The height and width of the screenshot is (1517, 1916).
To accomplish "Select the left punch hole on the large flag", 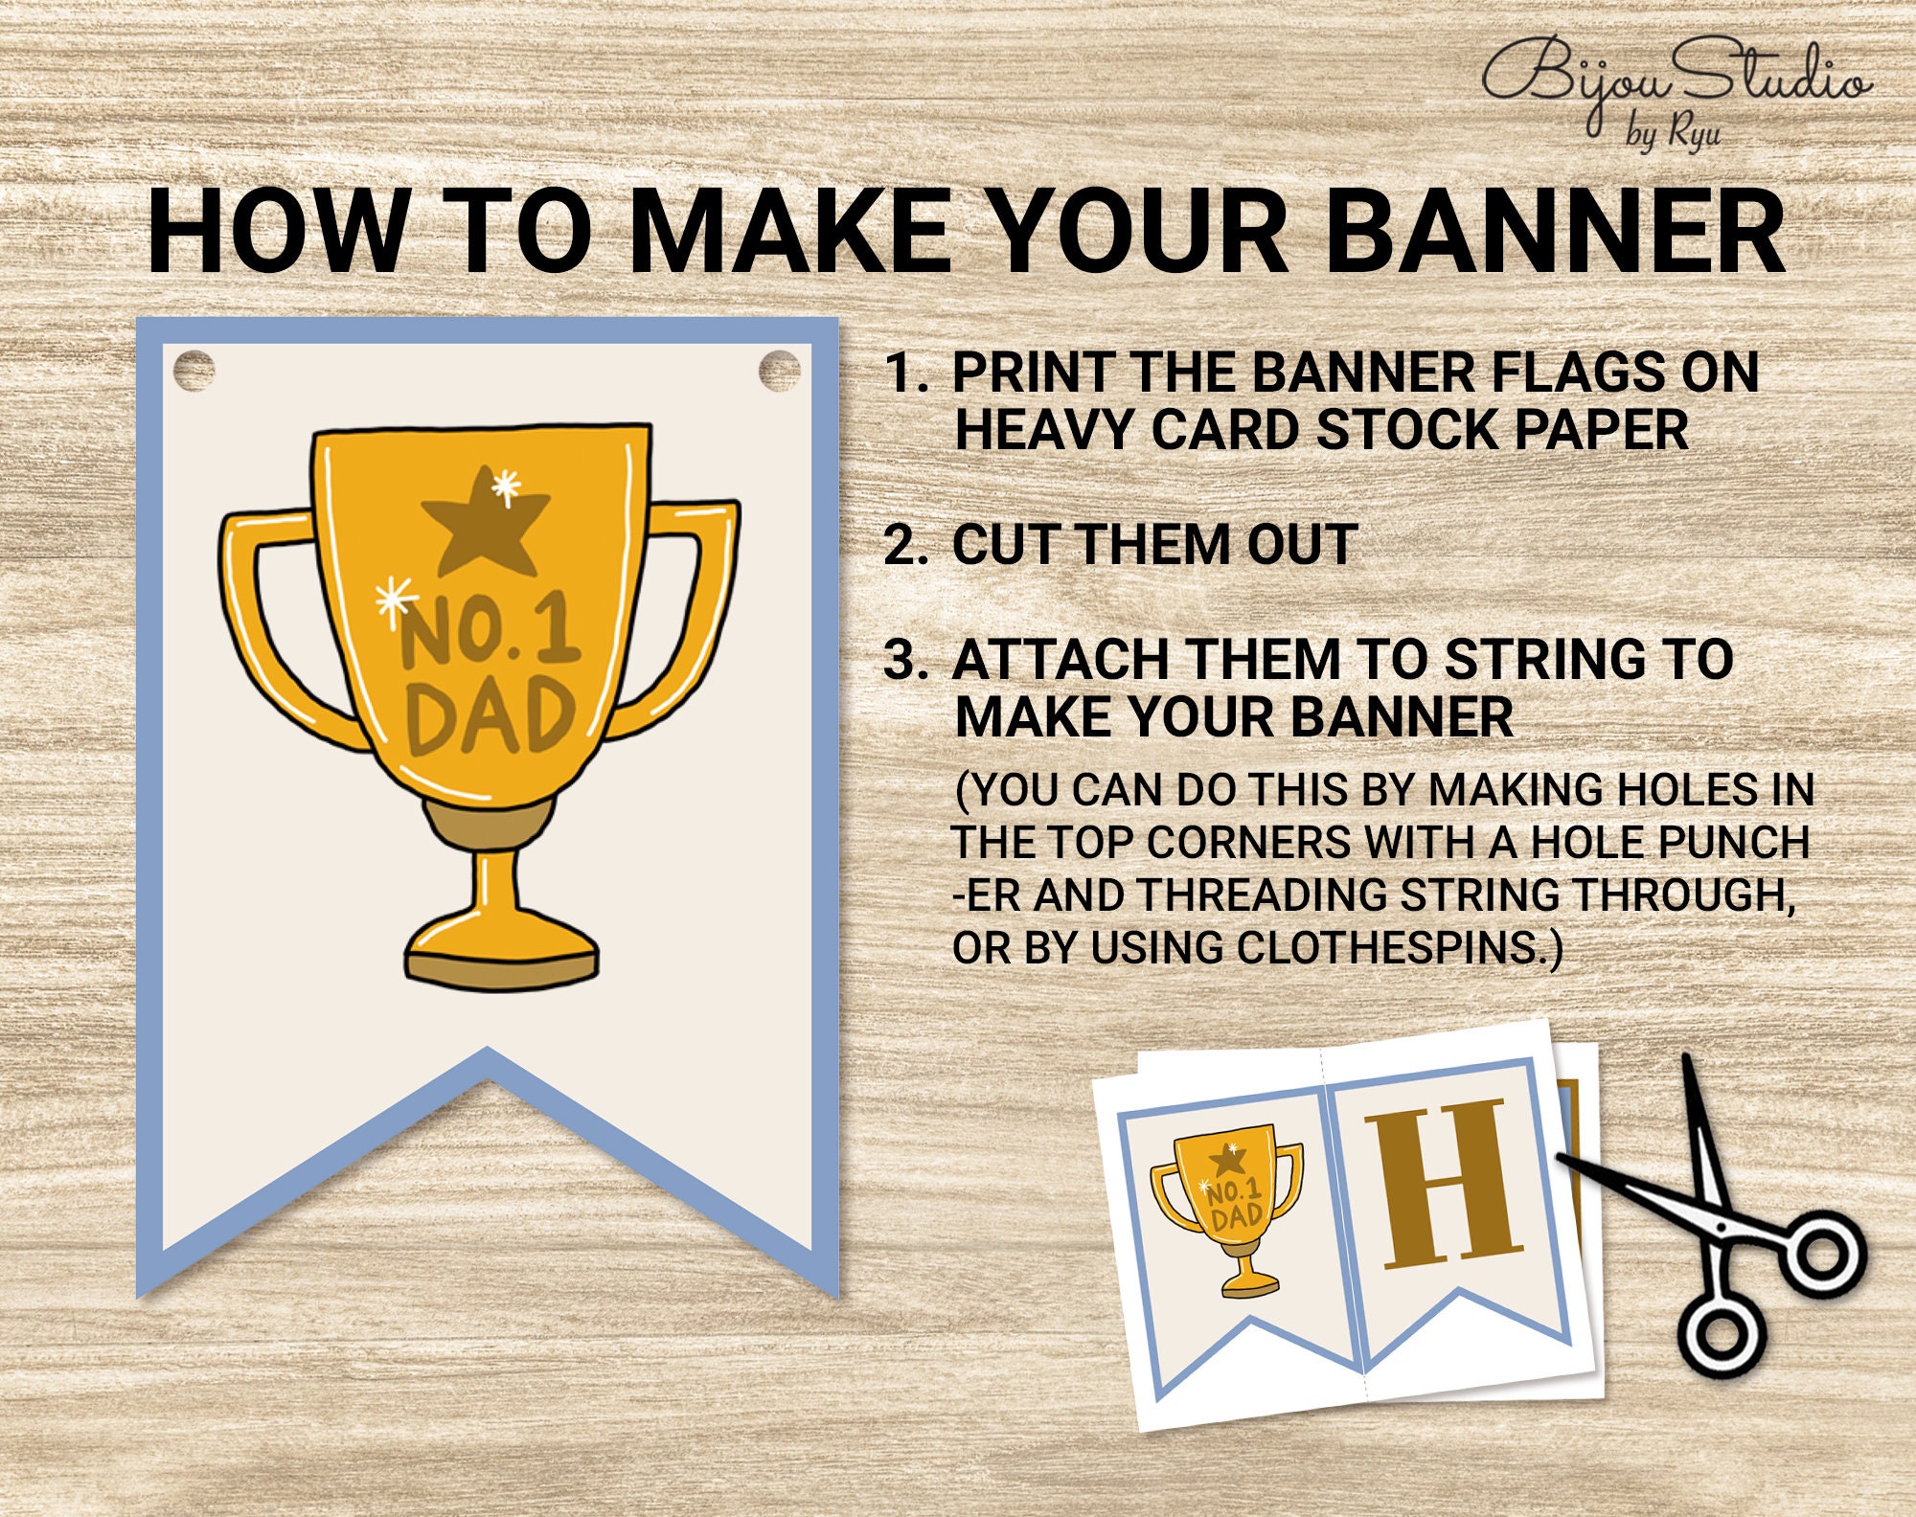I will (x=194, y=371).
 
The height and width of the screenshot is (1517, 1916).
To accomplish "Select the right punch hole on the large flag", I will (x=779, y=371).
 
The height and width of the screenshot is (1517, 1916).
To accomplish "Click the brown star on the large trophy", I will (x=485, y=523).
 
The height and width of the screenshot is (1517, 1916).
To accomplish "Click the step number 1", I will (x=905, y=374).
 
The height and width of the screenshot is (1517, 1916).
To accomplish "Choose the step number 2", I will (x=905, y=546).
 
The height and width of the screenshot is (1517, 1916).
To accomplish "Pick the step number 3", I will (x=905, y=661).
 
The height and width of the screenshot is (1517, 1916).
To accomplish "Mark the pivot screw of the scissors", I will (x=1722, y=1227).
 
